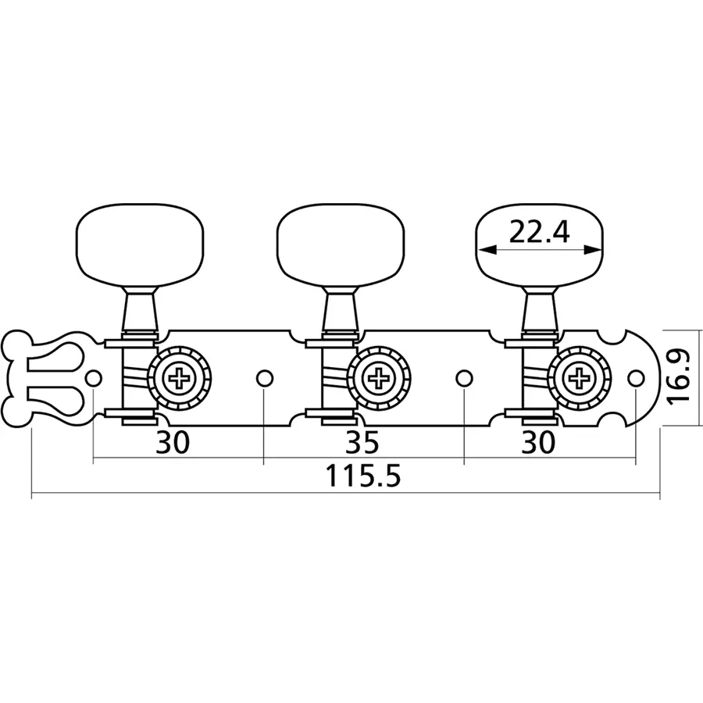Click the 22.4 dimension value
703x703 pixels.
pyautogui.click(x=540, y=232)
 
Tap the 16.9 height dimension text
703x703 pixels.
pyautogui.click(x=681, y=376)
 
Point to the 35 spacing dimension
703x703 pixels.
pyautogui.click(x=362, y=442)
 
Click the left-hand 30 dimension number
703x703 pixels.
pyautogui.click(x=173, y=442)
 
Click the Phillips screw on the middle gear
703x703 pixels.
pyautogui.click(x=381, y=380)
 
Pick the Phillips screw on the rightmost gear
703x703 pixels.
pyautogui.click(x=580, y=380)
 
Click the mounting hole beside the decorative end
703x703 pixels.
pyautogui.click(x=94, y=379)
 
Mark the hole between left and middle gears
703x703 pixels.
pyautogui.click(x=264, y=379)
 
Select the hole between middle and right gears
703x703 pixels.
pyautogui.click(x=465, y=379)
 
